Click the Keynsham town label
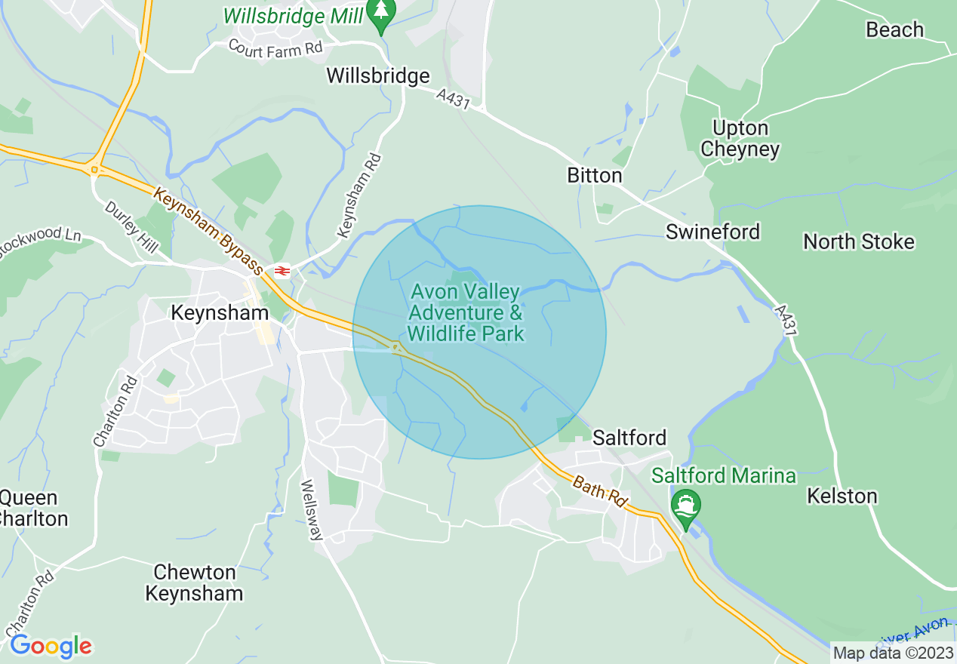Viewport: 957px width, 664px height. pyautogui.click(x=220, y=312)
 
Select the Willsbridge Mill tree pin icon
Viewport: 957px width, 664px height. pyautogui.click(x=381, y=13)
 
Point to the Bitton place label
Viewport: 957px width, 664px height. pyautogui.click(x=595, y=176)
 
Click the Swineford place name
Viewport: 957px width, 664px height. pyautogui.click(x=712, y=232)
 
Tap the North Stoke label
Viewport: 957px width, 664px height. pyautogui.click(x=858, y=242)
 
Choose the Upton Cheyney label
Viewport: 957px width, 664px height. pyautogui.click(x=740, y=139)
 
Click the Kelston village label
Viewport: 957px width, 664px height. pyautogui.click(x=842, y=496)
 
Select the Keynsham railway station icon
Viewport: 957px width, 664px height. pyautogui.click(x=282, y=270)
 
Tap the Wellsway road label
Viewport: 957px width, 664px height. pyautogui.click(x=312, y=510)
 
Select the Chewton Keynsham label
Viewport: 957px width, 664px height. pyautogui.click(x=194, y=583)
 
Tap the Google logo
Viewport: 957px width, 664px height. pyautogui.click(x=51, y=646)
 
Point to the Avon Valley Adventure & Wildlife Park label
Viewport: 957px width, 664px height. pyautogui.click(x=465, y=312)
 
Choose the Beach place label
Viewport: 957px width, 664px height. pyautogui.click(x=894, y=30)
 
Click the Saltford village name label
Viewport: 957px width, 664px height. pyautogui.click(x=629, y=438)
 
